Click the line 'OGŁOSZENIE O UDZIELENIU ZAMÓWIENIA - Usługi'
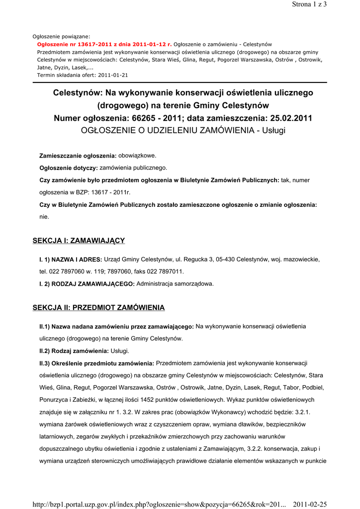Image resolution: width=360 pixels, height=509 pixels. click(183, 131)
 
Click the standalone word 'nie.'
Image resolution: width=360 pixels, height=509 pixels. click(44, 217)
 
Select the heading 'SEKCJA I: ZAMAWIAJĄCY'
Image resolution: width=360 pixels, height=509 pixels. click(79, 241)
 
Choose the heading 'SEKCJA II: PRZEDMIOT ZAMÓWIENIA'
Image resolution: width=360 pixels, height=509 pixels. click(98, 308)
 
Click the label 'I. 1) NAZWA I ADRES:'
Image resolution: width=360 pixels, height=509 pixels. click(71, 259)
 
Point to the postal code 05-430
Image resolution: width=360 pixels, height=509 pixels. click(225, 259)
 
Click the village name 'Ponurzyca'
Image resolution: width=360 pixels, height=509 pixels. click(55, 400)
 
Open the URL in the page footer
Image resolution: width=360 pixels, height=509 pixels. click(159, 505)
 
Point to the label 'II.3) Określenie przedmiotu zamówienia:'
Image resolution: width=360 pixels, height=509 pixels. click(97, 363)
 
